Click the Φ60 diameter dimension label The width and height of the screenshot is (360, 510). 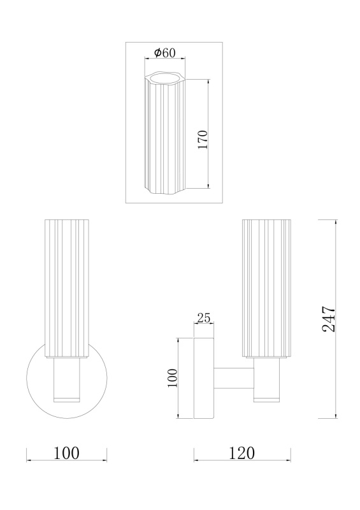[164, 52]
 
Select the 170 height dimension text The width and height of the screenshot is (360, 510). [202, 139]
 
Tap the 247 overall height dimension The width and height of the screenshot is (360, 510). [328, 319]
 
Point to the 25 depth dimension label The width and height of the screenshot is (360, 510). [204, 317]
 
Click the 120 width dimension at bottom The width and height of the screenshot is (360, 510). [242, 453]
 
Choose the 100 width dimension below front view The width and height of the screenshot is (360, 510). [66, 453]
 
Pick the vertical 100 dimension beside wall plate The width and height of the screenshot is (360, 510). [173, 377]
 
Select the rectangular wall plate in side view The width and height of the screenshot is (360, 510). [204, 378]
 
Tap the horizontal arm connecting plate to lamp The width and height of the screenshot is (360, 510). [234, 378]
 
